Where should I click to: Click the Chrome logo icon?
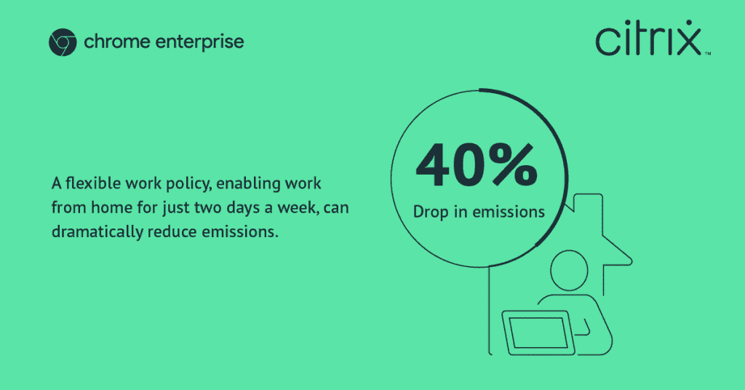[x=63, y=42]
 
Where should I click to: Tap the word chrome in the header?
[x=117, y=41]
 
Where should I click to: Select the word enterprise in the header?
[x=200, y=42]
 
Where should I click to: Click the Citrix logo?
[x=649, y=38]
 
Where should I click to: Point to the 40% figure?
[x=477, y=165]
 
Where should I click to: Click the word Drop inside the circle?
[x=431, y=212]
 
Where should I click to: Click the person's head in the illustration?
[x=569, y=270]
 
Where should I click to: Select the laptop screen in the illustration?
[x=538, y=333]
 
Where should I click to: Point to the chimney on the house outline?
[x=589, y=204]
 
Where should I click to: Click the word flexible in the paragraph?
[x=93, y=183]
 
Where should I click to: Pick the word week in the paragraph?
[x=298, y=207]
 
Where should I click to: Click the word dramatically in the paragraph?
[x=97, y=232]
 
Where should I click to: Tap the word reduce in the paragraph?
[x=172, y=232]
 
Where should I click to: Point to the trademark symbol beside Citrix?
[x=708, y=53]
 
